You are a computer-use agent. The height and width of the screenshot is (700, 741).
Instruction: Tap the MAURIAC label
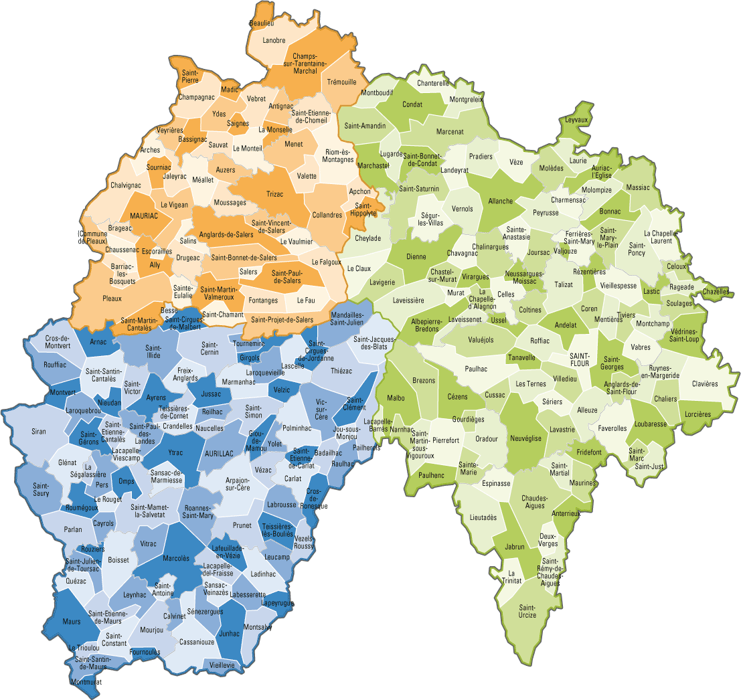144,217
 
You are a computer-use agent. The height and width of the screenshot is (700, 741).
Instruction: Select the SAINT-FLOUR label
579,359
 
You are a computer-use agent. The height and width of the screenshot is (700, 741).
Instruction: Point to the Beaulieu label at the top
262,23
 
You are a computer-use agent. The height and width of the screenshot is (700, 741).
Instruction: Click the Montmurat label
86,682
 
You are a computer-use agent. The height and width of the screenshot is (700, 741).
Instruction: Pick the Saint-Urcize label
527,611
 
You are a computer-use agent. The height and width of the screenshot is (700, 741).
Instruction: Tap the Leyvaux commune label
576,120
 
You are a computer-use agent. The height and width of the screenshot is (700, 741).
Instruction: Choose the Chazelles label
716,292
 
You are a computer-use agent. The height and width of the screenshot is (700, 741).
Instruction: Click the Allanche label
500,201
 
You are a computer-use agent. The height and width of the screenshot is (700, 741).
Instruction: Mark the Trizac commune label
275,194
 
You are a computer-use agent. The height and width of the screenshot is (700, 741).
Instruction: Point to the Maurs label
72,622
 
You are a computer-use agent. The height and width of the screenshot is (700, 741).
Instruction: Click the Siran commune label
39,432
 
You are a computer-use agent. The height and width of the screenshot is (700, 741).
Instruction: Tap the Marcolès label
176,558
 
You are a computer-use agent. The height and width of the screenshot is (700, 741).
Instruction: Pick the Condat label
412,105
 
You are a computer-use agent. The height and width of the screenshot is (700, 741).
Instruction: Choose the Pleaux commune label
112,298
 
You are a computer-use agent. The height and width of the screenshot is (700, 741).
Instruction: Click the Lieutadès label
483,517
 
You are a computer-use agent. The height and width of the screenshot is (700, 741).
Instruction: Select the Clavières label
704,383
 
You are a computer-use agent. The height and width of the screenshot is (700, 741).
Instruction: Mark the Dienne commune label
416,256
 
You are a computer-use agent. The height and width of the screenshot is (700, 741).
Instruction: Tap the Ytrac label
176,452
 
